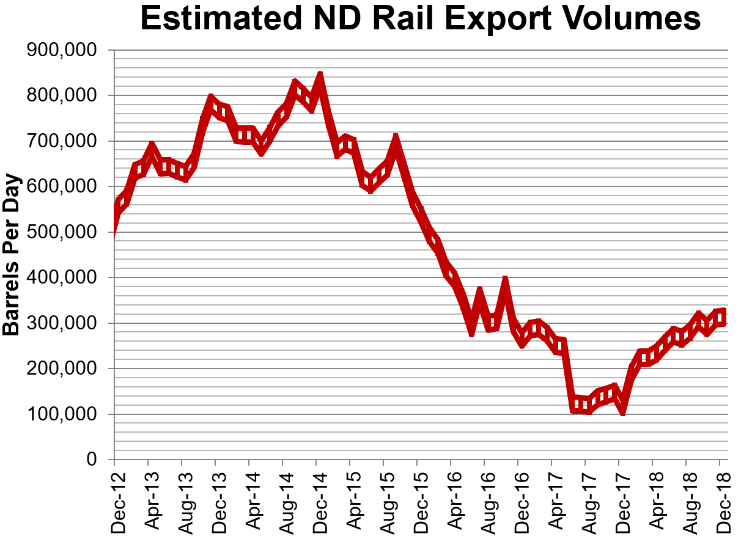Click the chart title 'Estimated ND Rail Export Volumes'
pyautogui.click(x=420, y=20)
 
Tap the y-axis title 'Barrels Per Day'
pyautogui.click(x=12, y=255)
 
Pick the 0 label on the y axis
pyautogui.click(x=92, y=460)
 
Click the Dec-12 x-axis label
pyautogui.click(x=115, y=494)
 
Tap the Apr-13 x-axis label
pyautogui.click(x=149, y=494)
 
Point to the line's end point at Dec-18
pyautogui.click(x=723, y=315)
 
